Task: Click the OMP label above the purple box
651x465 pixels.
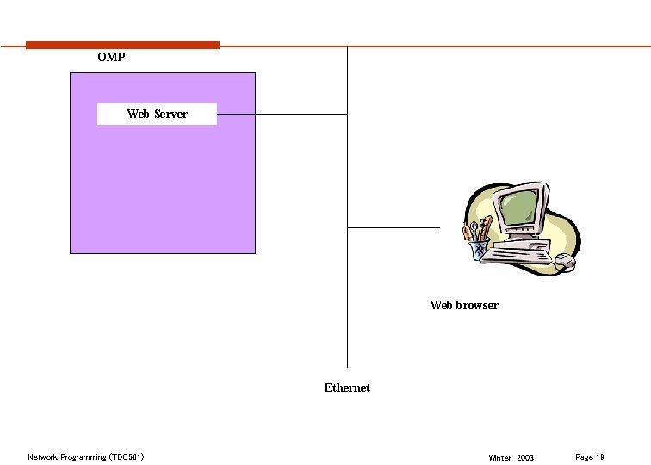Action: coord(111,57)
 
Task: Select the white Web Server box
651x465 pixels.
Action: coord(157,114)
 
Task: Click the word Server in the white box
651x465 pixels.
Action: coord(170,114)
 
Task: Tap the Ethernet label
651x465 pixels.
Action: coord(347,387)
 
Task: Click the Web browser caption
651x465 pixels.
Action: coord(464,305)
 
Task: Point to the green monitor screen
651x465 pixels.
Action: coord(522,208)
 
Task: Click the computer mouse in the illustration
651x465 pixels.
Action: coord(564,260)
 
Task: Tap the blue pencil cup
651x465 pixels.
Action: coord(479,250)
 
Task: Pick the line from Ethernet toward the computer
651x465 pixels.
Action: coord(393,227)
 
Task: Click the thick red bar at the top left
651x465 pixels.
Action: coord(122,45)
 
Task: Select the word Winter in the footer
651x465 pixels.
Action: coord(499,457)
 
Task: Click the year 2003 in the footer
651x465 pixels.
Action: coord(525,457)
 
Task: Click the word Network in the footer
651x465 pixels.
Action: coord(42,456)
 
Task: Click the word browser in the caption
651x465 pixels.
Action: coord(477,305)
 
